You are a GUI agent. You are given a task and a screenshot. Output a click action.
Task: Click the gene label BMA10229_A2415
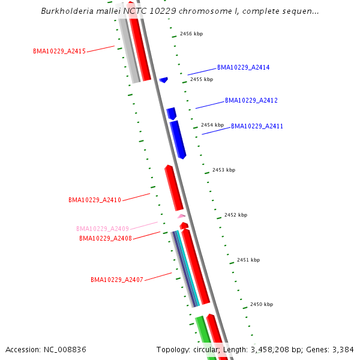tap(59, 52)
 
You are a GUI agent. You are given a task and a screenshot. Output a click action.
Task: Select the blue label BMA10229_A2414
tap(243, 68)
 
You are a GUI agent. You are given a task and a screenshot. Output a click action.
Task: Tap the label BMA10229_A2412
tap(251, 100)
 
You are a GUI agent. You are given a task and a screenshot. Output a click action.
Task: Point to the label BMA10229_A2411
tap(257, 127)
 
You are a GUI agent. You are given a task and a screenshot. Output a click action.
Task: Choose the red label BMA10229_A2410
tap(95, 200)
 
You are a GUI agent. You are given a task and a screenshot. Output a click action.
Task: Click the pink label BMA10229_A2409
tap(103, 229)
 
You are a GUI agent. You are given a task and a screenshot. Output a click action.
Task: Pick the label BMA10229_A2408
tap(106, 238)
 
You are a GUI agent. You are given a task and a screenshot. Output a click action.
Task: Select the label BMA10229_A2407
tap(117, 280)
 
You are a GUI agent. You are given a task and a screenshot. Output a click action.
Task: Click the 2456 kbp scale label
tap(191, 34)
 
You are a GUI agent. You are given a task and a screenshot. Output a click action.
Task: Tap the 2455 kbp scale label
tap(202, 79)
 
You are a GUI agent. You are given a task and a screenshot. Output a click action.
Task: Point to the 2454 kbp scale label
tap(212, 125)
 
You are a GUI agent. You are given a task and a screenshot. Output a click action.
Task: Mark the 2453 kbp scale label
tap(224, 170)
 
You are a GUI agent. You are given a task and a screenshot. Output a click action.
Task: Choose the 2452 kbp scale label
tap(236, 215)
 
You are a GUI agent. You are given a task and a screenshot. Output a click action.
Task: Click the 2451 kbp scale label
tap(248, 260)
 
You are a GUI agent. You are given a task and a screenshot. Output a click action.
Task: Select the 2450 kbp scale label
tap(262, 305)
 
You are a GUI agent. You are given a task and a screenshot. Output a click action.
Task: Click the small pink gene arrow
tap(181, 215)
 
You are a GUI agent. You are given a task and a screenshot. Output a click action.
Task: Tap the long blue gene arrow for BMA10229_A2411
tap(178, 139)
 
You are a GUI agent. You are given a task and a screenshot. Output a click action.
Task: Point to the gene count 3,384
tap(341, 349)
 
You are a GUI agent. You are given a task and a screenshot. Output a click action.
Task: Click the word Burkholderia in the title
tap(65, 11)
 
